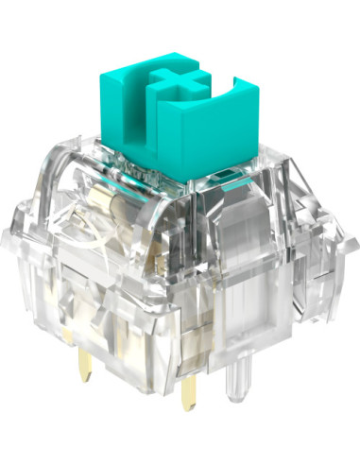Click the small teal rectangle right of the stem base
tap(226, 178)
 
